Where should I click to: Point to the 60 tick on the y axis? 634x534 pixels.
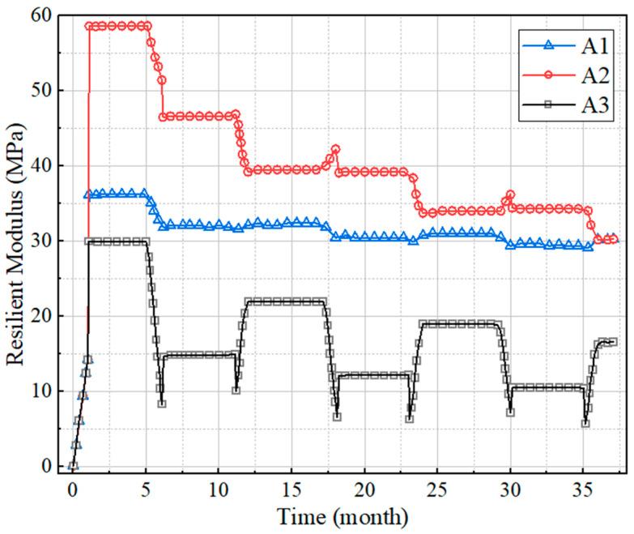coord(42,15)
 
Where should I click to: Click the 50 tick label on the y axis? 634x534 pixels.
coord(42,91)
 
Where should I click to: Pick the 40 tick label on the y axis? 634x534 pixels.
coord(42,166)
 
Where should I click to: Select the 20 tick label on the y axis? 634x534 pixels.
coord(42,316)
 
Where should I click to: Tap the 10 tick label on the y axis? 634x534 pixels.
coord(42,391)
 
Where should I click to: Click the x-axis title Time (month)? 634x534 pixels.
coord(343,516)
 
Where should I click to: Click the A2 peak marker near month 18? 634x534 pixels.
coord(335,150)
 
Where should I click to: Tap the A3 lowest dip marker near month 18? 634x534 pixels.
coord(337,417)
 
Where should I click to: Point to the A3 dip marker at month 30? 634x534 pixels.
coord(510,412)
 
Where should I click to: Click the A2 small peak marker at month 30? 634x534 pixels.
coord(510,195)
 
